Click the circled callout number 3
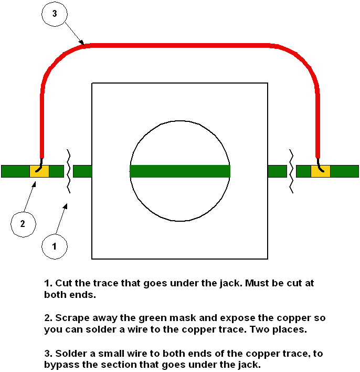(55, 14)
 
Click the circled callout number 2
(23, 223)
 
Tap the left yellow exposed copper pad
(39, 171)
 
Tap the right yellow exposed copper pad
(321, 171)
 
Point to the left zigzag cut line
(68, 171)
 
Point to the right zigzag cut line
(291, 171)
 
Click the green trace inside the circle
(179, 171)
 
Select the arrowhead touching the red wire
(82, 43)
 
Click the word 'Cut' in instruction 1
(63, 283)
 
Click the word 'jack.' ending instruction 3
(249, 364)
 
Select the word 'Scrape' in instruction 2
(72, 318)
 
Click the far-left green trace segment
(15, 171)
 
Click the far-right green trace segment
(345, 171)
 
